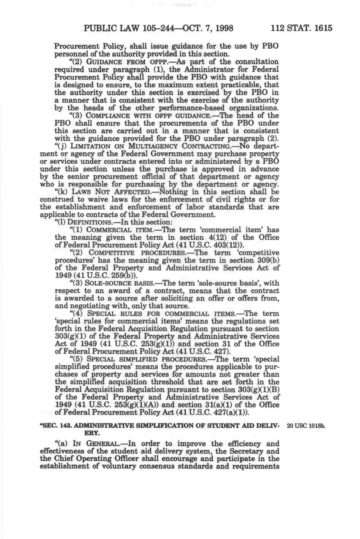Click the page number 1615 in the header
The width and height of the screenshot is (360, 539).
tap(322, 28)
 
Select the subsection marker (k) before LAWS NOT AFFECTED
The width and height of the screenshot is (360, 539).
tap(60, 192)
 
